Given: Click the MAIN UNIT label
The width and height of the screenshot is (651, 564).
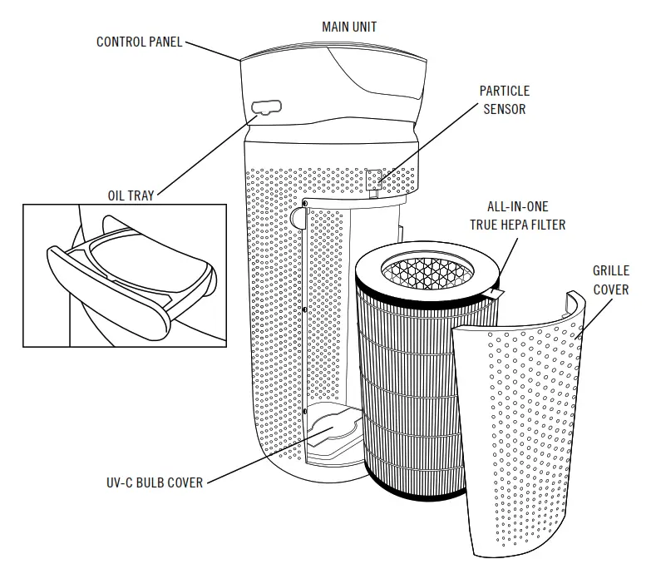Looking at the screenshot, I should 349,27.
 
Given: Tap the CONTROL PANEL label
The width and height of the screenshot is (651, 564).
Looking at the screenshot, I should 139,42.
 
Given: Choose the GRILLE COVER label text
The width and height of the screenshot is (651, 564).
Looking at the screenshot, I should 610,280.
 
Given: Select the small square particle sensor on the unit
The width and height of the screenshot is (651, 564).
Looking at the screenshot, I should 376,180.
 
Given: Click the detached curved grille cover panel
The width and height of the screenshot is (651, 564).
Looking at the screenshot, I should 532,433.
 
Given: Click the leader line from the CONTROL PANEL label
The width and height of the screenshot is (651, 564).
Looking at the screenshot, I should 212,51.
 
